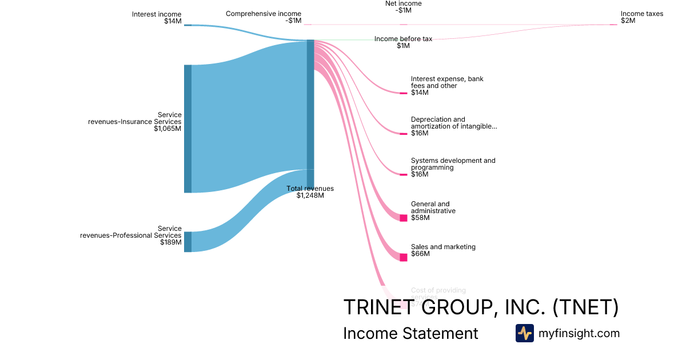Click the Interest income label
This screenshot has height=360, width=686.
click(157, 14)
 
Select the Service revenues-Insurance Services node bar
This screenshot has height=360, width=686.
click(188, 129)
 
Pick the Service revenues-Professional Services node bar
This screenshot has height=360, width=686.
click(188, 242)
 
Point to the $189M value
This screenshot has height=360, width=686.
click(171, 242)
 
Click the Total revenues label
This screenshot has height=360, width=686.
click(310, 189)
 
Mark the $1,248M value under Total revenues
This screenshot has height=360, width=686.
click(310, 195)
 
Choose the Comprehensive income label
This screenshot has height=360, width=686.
click(263, 14)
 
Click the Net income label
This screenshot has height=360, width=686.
click(403, 3)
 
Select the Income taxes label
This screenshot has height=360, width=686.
click(642, 14)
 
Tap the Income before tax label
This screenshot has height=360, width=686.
click(403, 39)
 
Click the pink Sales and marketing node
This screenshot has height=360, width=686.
click(403, 257)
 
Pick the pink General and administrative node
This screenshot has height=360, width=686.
click(403, 218)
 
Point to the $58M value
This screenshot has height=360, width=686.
click(420, 218)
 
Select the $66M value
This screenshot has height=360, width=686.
click(420, 254)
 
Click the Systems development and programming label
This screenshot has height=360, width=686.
click(453, 164)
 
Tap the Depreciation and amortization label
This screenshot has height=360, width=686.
click(453, 123)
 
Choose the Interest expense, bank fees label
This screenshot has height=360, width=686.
click(446, 82)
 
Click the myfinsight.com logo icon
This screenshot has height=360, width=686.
click(524, 333)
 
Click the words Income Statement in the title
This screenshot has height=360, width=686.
click(410, 333)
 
